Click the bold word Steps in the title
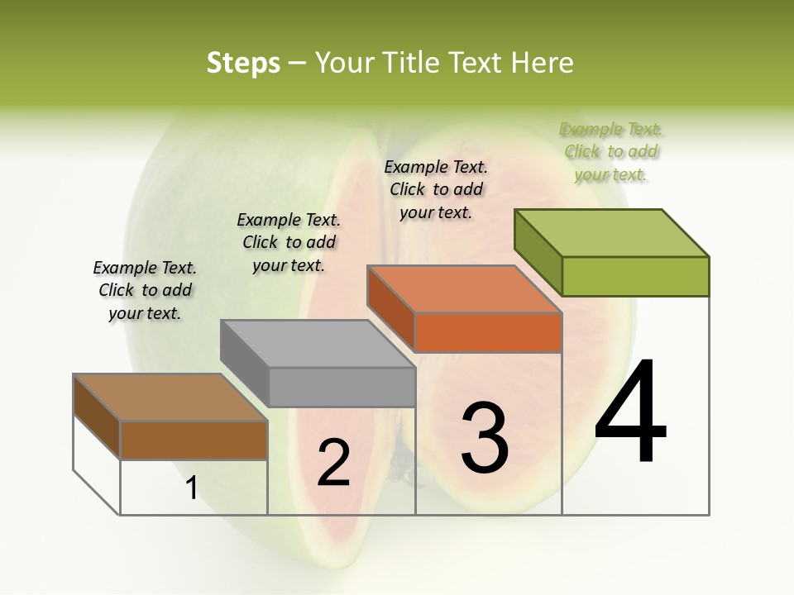[243, 63]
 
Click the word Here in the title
[542, 63]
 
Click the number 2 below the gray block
[333, 463]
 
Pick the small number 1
[192, 488]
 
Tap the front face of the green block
[635, 276]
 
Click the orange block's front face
[488, 333]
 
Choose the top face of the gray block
[318, 344]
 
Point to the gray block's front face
[342, 387]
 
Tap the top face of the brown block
[170, 397]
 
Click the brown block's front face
[194, 440]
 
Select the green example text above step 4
[611, 151]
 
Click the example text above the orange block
[436, 189]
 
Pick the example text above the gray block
[289, 242]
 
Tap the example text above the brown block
[145, 290]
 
